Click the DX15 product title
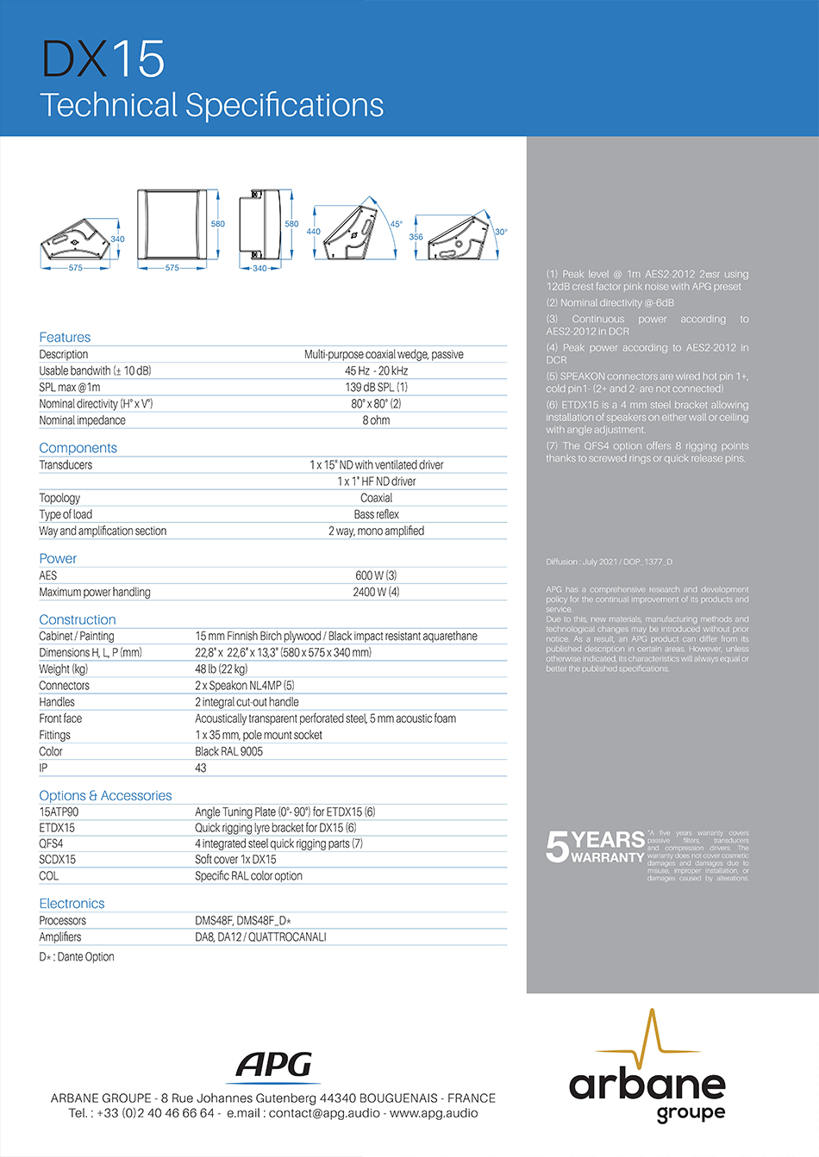tap(103, 59)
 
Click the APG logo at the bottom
tap(275, 1066)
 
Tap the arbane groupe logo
tap(647, 1077)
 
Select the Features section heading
tap(65, 337)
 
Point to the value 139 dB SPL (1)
tap(376, 388)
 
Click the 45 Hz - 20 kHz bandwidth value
tap(376, 371)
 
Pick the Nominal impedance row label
tap(82, 420)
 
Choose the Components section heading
tap(78, 448)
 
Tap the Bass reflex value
tap(376, 514)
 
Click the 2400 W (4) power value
tap(376, 592)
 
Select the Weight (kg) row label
tap(63, 669)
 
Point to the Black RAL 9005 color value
tap(228, 751)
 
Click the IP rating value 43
tap(201, 768)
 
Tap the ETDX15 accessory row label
tap(57, 828)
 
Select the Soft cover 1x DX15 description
tap(235, 860)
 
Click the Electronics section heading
tap(72, 904)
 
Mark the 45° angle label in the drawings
tap(396, 225)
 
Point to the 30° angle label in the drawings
tap(501, 232)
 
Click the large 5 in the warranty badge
tap(557, 847)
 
